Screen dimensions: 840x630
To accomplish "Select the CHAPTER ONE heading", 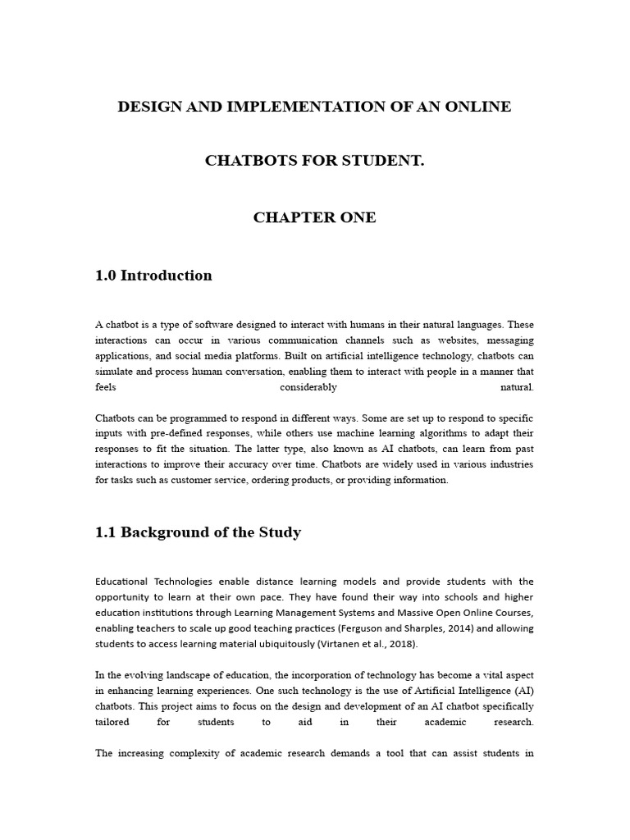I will point(314,217).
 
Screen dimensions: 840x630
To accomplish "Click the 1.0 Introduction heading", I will point(153,276).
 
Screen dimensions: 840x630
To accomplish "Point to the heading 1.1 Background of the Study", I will point(198,532).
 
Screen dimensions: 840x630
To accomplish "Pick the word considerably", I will point(308,387).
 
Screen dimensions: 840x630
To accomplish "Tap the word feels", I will point(107,387).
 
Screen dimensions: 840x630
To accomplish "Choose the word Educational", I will point(127,582).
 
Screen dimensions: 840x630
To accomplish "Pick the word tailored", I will point(114,722).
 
